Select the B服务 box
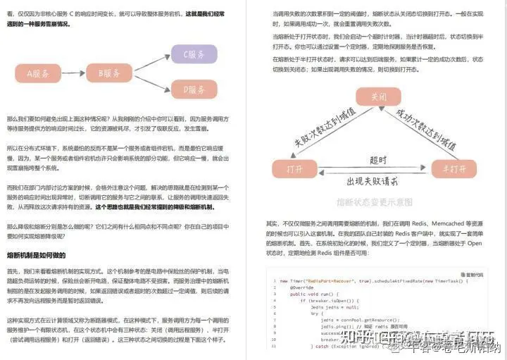tap(108, 72)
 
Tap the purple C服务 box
tap(194, 54)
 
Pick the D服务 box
tap(194, 89)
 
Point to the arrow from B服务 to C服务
tap(151, 62)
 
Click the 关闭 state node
tap(380, 97)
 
